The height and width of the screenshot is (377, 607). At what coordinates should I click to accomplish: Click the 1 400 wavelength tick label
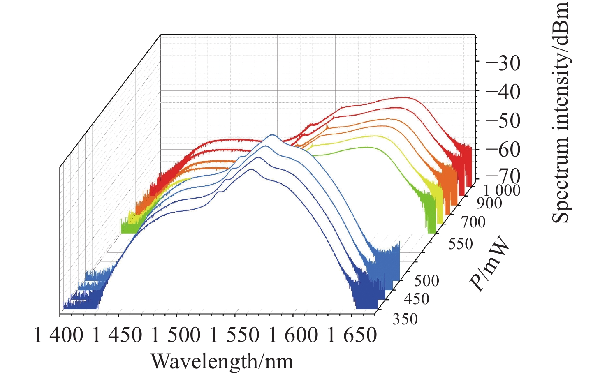tap(58, 335)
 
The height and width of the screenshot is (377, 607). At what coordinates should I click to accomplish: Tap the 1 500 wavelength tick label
tap(176, 335)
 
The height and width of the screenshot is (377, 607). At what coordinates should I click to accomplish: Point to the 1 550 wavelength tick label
tap(235, 335)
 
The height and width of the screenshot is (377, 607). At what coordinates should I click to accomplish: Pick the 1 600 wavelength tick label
tap(293, 335)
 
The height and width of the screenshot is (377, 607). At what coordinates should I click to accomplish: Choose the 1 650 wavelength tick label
tap(352, 335)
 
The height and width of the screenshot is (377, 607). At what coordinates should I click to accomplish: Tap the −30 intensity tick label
tap(503, 63)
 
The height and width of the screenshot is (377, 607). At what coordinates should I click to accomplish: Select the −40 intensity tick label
tap(503, 92)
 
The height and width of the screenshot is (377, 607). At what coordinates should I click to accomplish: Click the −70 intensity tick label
tap(503, 176)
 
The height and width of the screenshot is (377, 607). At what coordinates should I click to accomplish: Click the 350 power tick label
tap(405, 319)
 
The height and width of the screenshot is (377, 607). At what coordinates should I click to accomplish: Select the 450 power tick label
tap(417, 299)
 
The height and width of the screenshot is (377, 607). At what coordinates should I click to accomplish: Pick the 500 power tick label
tap(426, 281)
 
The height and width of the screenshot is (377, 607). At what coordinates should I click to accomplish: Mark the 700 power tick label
tap(473, 222)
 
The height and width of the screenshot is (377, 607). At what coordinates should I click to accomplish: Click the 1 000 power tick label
tap(502, 190)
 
